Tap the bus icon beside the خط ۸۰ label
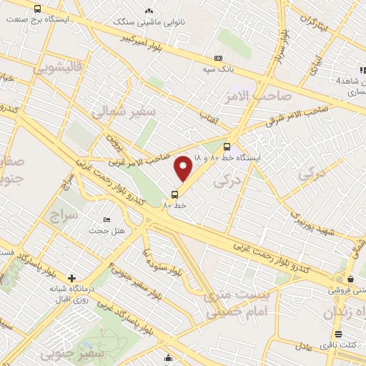click(175, 194)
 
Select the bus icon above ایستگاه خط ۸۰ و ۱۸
click(227, 147)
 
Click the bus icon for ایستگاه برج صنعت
click(37, 9)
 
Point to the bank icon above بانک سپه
click(218, 59)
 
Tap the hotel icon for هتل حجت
click(107, 219)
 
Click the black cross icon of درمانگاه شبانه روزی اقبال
click(71, 278)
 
